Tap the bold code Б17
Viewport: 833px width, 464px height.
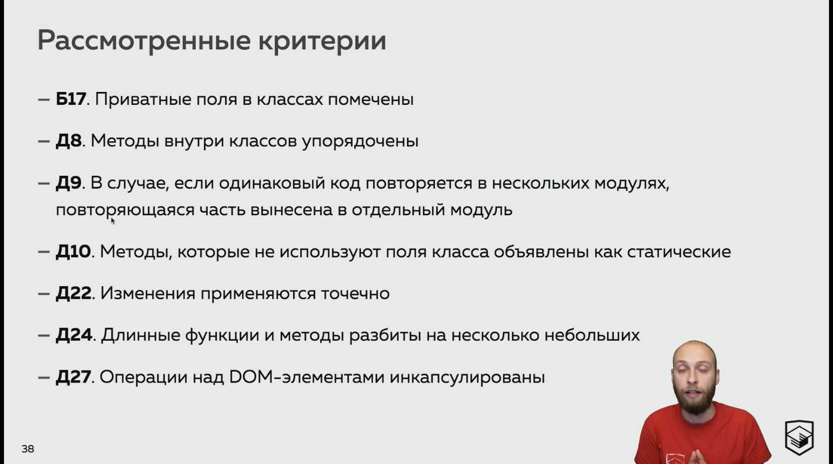pyautogui.click(x=70, y=99)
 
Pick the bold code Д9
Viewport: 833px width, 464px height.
pyautogui.click(x=68, y=183)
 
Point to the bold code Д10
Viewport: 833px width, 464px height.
pyautogui.click(x=73, y=252)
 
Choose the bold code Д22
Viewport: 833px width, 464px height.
pyautogui.click(x=73, y=293)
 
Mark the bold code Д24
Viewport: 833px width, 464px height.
pyautogui.click(x=74, y=335)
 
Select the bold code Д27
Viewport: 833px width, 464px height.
pyautogui.click(x=73, y=377)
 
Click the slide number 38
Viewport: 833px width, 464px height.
pyautogui.click(x=28, y=449)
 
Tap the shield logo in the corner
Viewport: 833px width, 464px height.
pyautogui.click(x=799, y=437)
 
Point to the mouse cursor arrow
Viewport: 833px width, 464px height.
pyautogui.click(x=113, y=221)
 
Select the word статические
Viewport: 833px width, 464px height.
pyautogui.click(x=679, y=252)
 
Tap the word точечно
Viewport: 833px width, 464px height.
pyautogui.click(x=355, y=294)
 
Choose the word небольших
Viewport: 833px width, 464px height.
pyautogui.click(x=592, y=335)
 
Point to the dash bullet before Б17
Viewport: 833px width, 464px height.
pyautogui.click(x=44, y=99)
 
